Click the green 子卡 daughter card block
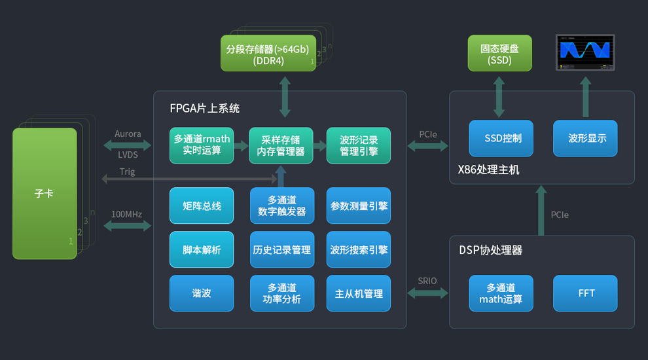point(45,193)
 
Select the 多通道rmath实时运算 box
point(202,145)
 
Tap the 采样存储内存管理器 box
point(281,145)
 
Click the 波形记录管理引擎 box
point(358,145)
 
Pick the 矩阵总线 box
point(202,206)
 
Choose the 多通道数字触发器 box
point(282,206)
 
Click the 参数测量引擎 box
point(359,206)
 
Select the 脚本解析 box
point(202,249)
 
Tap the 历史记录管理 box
point(282,249)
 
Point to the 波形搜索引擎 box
point(359,249)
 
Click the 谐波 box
point(202,293)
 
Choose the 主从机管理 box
point(359,293)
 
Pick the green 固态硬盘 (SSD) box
point(499,54)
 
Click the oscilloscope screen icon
point(585,52)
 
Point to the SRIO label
point(427,281)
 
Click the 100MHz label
point(126,214)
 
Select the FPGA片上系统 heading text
point(205,108)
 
